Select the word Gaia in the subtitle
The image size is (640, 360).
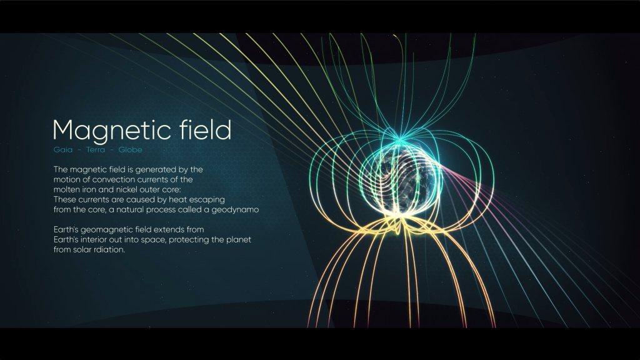[x=63, y=150]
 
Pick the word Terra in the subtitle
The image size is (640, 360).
[x=96, y=150]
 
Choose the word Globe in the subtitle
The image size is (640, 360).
[x=130, y=150]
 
